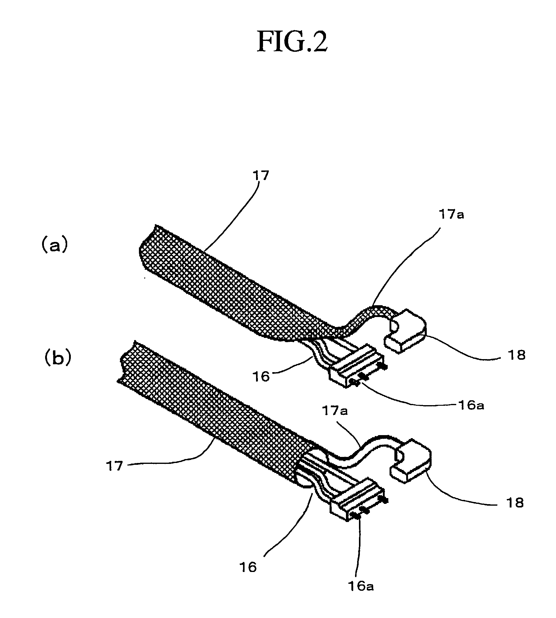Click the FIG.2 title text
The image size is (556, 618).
pyautogui.click(x=292, y=42)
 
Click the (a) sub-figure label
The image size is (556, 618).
pyautogui.click(x=54, y=246)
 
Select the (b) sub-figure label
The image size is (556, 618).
pyautogui.click(x=58, y=358)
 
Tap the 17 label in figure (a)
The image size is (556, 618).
pyautogui.click(x=261, y=175)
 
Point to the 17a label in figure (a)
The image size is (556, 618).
pyautogui.click(x=452, y=215)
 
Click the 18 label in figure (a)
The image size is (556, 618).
pyautogui.click(x=516, y=355)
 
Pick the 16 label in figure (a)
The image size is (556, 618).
pyautogui.click(x=261, y=377)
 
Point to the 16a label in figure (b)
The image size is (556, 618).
pyautogui.click(x=361, y=586)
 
